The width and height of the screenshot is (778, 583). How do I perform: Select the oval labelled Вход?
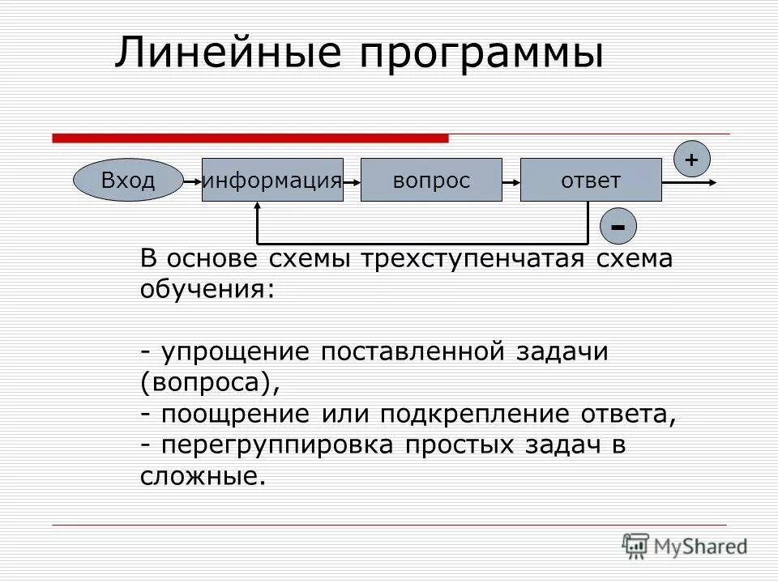pos(127,181)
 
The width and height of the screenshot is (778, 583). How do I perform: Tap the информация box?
pos(272,181)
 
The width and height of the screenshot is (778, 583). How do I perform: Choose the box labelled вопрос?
pos(431,181)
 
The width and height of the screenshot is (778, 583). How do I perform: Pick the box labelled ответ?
pos(591,181)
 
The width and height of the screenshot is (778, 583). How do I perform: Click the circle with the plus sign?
pos(690,160)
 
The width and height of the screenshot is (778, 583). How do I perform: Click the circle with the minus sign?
pos(618,226)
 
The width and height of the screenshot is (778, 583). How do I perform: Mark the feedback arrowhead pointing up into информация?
pos(258,208)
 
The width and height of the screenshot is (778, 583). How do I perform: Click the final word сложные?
pos(203,475)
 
